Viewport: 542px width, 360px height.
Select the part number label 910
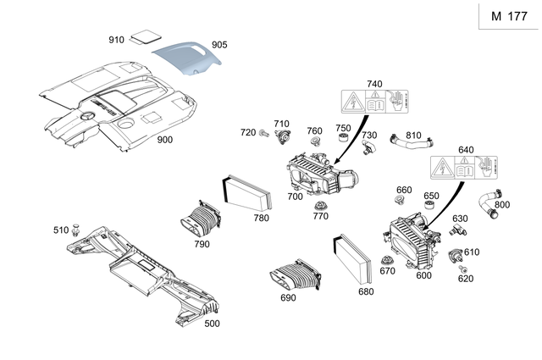coord(116,40)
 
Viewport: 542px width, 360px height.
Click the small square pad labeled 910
coord(151,36)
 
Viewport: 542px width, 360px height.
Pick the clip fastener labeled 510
coord(77,227)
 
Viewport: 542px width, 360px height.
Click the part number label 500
coord(211,323)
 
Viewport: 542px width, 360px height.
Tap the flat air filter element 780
coord(245,194)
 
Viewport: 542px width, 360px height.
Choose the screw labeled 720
coord(265,133)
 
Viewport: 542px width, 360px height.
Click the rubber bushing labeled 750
coord(342,139)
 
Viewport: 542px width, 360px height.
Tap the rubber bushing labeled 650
coord(430,208)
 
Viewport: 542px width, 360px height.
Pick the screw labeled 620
coord(463,270)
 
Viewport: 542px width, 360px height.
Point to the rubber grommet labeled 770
coord(320,208)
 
